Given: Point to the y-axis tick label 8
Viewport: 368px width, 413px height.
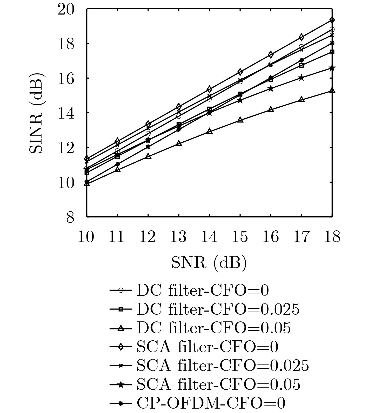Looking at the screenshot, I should coord(70,217).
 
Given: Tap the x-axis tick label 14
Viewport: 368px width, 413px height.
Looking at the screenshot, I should coord(209,237).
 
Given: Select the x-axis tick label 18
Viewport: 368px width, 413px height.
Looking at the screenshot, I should coord(332,237).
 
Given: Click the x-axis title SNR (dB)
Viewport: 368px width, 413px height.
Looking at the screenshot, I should coord(209,263).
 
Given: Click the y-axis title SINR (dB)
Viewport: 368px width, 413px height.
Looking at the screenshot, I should coord(37,113).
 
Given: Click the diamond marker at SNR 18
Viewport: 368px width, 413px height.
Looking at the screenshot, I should coord(332,20).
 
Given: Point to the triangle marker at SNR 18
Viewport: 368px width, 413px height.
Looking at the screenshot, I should coord(332,91).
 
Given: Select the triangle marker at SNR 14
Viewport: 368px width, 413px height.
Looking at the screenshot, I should coord(210,131).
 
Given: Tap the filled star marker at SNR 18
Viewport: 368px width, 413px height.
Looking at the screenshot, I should coord(332,68).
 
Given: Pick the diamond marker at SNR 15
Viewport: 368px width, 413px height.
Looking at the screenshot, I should coord(240,72).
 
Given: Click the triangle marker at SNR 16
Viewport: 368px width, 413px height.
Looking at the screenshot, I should coord(271,109).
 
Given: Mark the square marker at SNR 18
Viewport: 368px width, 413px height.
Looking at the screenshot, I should coord(332,52).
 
